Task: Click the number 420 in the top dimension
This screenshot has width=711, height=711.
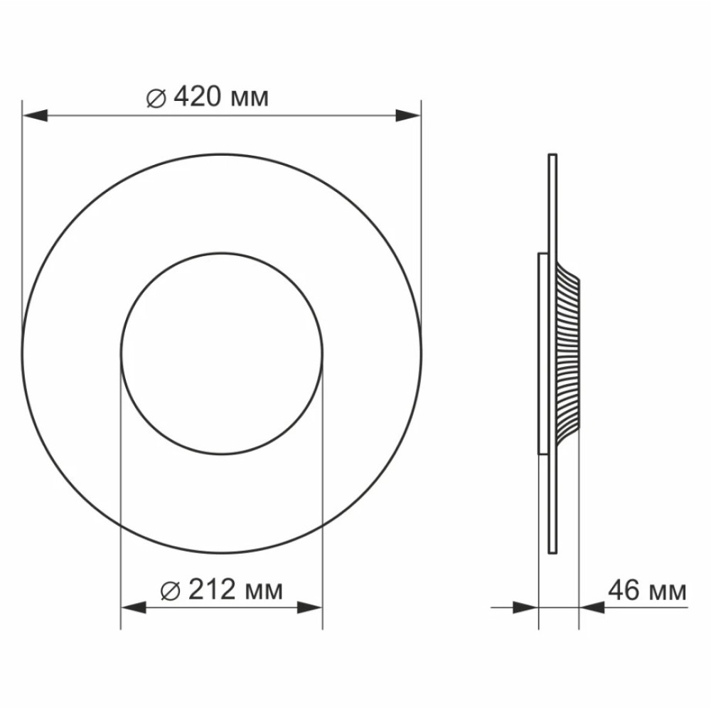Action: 198,97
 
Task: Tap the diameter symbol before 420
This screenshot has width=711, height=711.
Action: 156,98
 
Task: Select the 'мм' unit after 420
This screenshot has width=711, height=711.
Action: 250,100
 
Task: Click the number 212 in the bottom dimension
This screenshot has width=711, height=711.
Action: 212,589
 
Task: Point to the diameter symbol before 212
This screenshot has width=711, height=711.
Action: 171,592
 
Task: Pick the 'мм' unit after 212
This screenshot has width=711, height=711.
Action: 264,592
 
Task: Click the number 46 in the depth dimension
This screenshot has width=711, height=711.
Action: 624,590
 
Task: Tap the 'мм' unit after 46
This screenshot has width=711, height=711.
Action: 668,593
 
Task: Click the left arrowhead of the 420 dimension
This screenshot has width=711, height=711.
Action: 35,115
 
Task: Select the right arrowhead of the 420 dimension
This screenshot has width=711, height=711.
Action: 408,115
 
